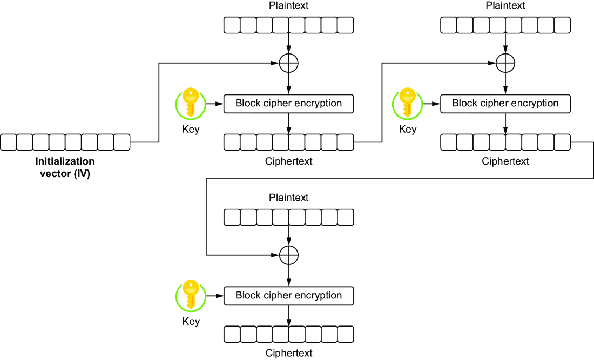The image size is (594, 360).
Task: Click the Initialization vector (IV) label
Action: click(x=65, y=167)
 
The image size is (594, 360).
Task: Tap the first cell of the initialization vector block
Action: click(x=8, y=142)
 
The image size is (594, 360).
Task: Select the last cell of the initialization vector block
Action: click(x=122, y=142)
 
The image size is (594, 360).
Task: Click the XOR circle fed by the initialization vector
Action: click(x=289, y=63)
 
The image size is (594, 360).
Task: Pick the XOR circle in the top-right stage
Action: click(x=505, y=63)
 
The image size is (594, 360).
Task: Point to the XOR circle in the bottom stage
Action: click(x=289, y=255)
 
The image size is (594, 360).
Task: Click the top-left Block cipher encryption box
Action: click(x=289, y=104)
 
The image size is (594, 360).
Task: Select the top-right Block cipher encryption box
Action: click(x=505, y=104)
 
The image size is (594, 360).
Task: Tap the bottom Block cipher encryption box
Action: click(x=289, y=296)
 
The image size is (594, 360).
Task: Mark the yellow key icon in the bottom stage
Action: click(x=191, y=295)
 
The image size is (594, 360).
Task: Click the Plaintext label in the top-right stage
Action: click(x=505, y=6)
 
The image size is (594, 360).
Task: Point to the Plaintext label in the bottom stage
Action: click(x=289, y=198)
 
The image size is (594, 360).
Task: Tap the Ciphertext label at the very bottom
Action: click(x=289, y=353)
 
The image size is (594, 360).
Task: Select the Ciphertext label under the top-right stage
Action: click(x=505, y=161)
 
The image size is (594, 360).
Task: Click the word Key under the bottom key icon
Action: click(x=191, y=321)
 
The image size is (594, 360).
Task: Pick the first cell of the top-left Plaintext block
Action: click(x=232, y=25)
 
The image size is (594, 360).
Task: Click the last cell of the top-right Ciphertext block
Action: click(x=562, y=142)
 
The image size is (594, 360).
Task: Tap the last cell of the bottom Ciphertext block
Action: click(x=346, y=334)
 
